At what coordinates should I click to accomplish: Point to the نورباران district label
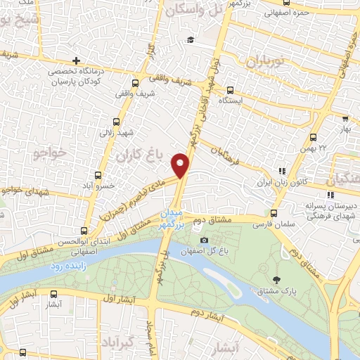pyautogui.click(x=264, y=61)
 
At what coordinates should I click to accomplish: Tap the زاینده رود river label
pyautogui.click(x=66, y=267)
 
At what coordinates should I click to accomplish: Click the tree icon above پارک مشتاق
pyautogui.click(x=277, y=279)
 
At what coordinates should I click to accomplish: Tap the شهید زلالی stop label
pyautogui.click(x=115, y=131)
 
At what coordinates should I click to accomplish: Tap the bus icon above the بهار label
pyautogui.click(x=345, y=120)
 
